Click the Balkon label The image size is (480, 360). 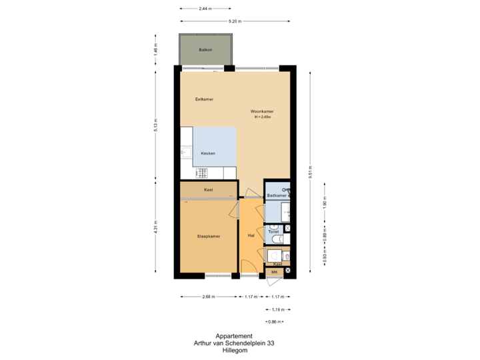click(205, 50)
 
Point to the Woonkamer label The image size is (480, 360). click(262, 111)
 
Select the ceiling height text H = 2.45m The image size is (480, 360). click(262, 117)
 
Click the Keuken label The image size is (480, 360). click(208, 153)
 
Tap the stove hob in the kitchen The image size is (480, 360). click(201, 173)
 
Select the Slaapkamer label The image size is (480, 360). click(208, 236)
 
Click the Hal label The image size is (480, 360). click(251, 235)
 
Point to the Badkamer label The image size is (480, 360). click(275, 195)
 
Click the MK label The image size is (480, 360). click(274, 272)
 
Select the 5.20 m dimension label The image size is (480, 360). click(235, 21)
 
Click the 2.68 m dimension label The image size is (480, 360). click(208, 297)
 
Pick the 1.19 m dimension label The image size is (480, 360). click(278, 309)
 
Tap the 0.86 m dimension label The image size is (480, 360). click(274, 322)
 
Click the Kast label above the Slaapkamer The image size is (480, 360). click(208, 191)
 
